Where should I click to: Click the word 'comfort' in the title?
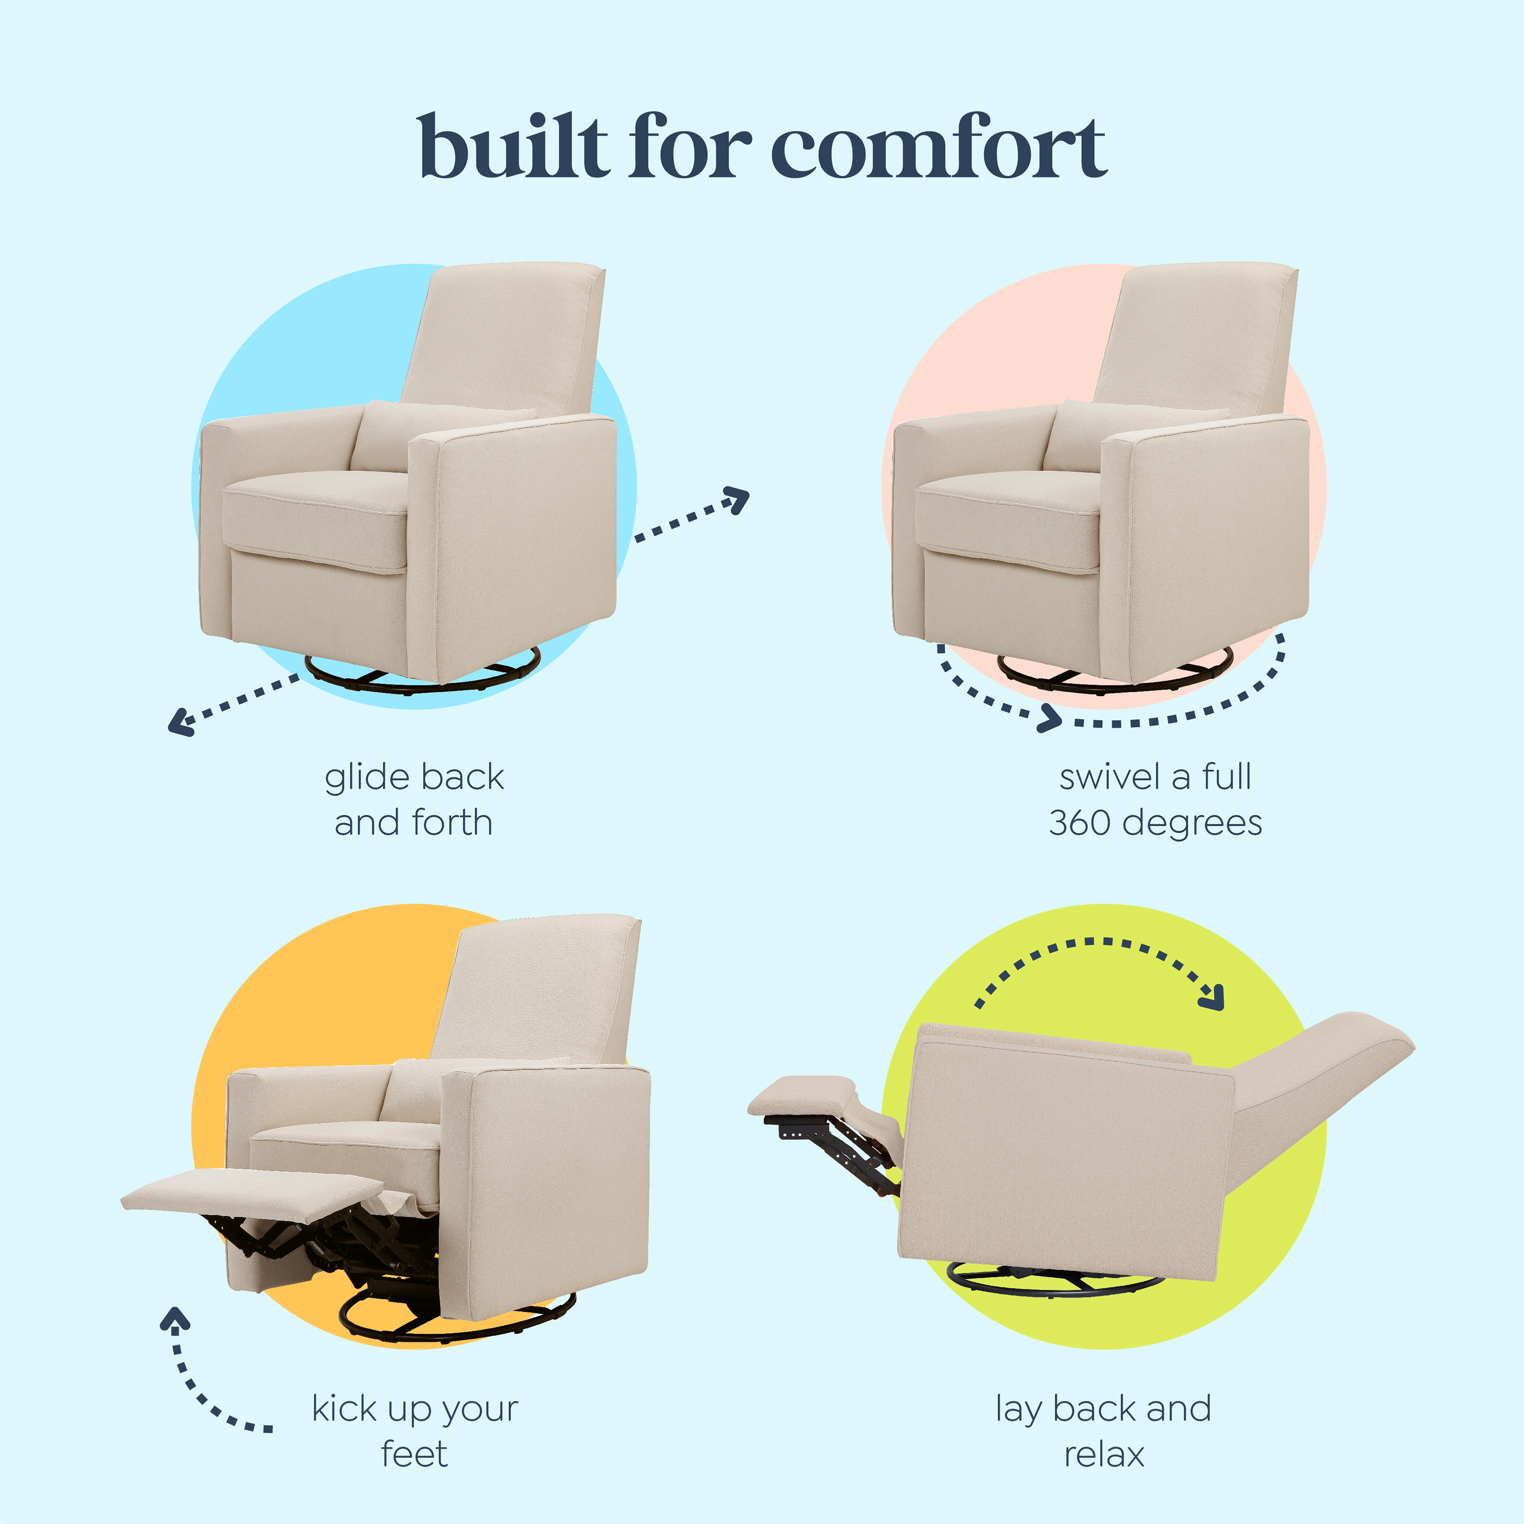(939, 148)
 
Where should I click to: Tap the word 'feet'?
(414, 1454)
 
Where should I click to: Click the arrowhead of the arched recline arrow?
(1211, 997)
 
